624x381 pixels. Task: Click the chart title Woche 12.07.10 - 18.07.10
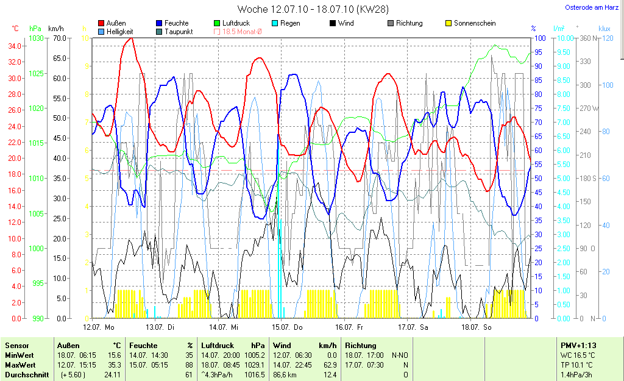pyautogui.click(x=313, y=9)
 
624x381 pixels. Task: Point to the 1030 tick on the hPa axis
pyautogui.click(x=37, y=38)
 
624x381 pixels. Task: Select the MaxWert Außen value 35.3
pyautogui.click(x=113, y=365)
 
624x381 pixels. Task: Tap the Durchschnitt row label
pyautogui.click(x=27, y=375)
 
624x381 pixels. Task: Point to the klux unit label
pyautogui.click(x=604, y=29)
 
